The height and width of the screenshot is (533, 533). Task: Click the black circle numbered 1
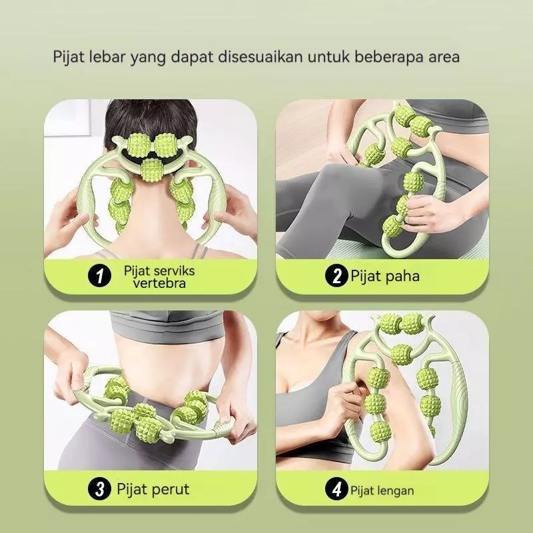click(x=99, y=276)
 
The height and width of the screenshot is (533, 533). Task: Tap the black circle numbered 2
click(x=336, y=276)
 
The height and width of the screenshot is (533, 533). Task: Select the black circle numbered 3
click(x=99, y=489)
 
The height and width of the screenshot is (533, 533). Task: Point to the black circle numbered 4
click(x=336, y=489)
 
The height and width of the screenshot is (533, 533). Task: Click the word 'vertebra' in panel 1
click(x=159, y=283)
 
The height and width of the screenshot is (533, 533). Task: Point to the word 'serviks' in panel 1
click(x=174, y=271)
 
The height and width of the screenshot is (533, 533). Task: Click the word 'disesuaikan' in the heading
click(x=260, y=57)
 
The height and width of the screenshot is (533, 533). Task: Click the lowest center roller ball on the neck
click(x=152, y=170)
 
